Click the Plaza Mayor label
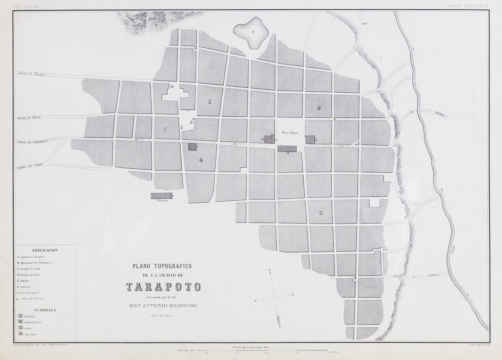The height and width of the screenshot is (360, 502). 290,133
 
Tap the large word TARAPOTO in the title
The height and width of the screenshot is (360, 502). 163,287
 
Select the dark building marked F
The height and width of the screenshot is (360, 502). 287,149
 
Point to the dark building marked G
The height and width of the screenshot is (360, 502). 310,139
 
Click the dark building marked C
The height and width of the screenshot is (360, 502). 192,146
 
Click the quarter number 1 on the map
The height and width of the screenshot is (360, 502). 209,102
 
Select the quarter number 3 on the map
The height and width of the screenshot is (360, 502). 320,212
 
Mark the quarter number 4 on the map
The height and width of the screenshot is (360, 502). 200,159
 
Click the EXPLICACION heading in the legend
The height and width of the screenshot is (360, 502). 45,250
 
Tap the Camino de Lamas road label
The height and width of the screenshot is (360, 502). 29,167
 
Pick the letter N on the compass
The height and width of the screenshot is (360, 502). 270,270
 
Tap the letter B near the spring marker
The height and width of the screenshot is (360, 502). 365,24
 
